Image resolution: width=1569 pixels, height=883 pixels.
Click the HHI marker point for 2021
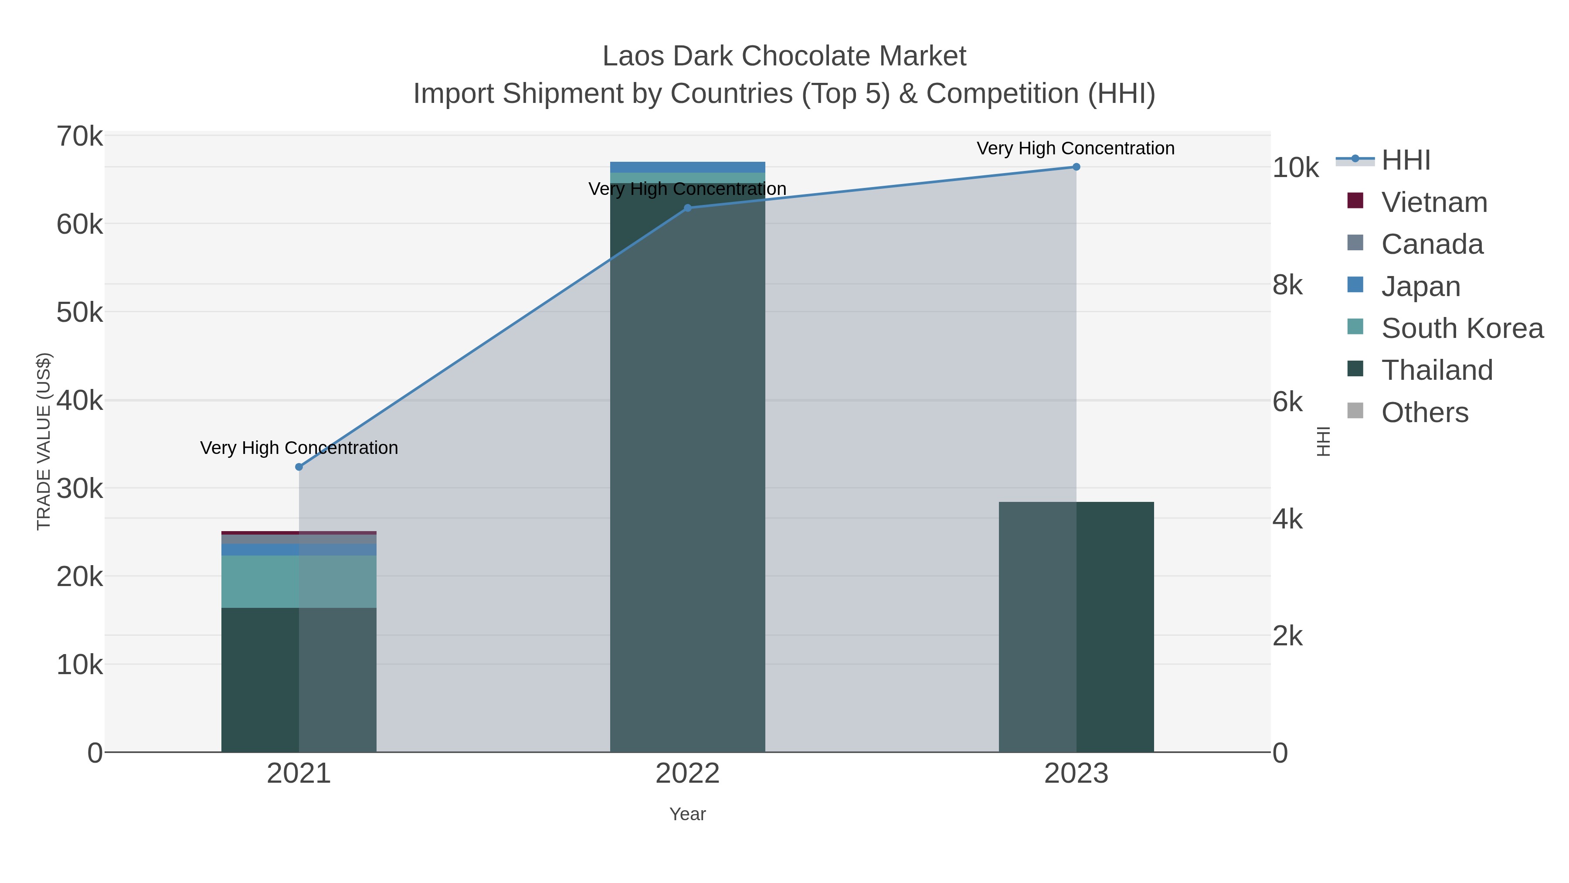tap(299, 467)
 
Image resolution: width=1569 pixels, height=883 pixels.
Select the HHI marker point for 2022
tap(688, 208)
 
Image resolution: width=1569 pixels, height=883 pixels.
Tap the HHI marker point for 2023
tap(1076, 167)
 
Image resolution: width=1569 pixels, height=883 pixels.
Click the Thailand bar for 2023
tap(1076, 627)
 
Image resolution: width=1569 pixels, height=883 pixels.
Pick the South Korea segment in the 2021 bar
tap(299, 581)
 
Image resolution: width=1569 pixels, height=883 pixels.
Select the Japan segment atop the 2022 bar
tap(688, 167)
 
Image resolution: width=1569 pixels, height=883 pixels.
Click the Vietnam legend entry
tap(1434, 202)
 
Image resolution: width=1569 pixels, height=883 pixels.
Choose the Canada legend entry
tap(1432, 244)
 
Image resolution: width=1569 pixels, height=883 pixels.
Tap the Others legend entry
tap(1425, 413)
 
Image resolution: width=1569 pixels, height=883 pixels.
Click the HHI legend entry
tap(1406, 160)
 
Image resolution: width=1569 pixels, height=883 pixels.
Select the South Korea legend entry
tap(1462, 328)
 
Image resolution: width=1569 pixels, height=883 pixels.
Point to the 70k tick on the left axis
tap(80, 136)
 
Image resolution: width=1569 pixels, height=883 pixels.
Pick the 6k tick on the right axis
tap(1287, 402)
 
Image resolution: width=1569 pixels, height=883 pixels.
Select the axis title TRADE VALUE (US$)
tap(44, 441)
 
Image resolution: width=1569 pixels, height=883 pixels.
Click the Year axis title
tap(688, 814)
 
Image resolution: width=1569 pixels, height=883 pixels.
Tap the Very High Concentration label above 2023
tap(1076, 148)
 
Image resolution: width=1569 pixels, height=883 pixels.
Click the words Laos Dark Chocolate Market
tap(784, 56)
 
